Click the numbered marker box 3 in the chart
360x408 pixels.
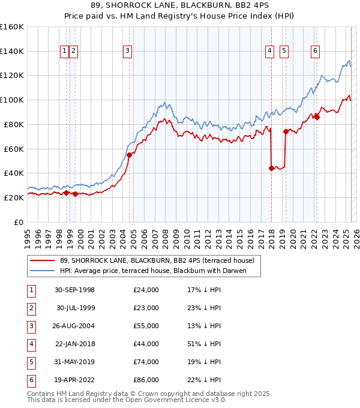click(128, 52)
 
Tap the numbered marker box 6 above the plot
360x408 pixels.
click(315, 52)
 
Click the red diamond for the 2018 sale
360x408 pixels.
click(271, 168)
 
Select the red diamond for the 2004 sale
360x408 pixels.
click(129, 155)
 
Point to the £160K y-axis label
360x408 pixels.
click(12, 27)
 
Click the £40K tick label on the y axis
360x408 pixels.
click(14, 173)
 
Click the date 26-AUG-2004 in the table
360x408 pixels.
click(75, 326)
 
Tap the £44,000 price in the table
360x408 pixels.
click(146, 344)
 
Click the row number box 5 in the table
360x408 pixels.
click(31, 362)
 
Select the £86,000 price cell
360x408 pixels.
click(146, 380)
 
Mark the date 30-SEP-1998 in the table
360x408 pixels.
click(75, 290)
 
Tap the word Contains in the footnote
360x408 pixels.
click(41, 394)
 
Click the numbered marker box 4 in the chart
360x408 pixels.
click(270, 52)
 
